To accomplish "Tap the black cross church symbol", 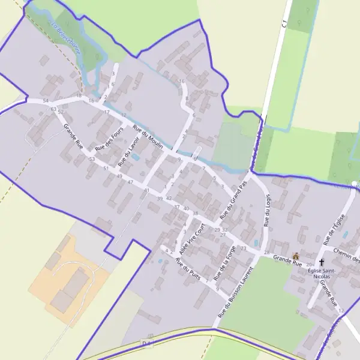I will [322, 263].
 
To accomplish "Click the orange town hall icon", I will [295, 256].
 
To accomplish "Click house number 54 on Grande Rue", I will [46, 101].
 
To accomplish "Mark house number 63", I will [53, 109].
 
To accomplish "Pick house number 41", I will [146, 190].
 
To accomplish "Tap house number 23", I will [243, 248].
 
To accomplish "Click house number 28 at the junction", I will [266, 253].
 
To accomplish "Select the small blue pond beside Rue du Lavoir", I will [136, 157].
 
